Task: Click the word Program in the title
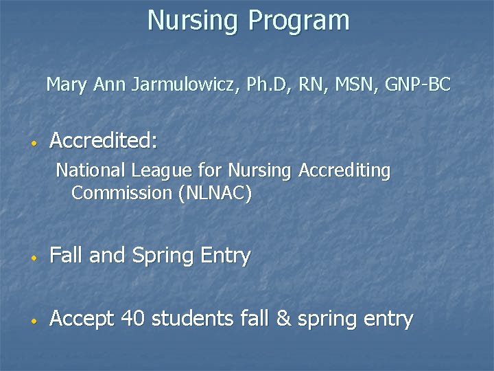tap(299, 21)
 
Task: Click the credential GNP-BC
tap(418, 85)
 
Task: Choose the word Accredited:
tap(104, 141)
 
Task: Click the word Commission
tap(121, 193)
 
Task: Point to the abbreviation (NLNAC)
tap(215, 193)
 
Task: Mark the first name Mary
tap(67, 85)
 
